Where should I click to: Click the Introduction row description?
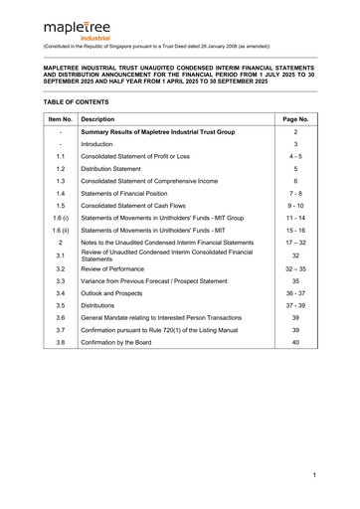coord(104,174)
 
